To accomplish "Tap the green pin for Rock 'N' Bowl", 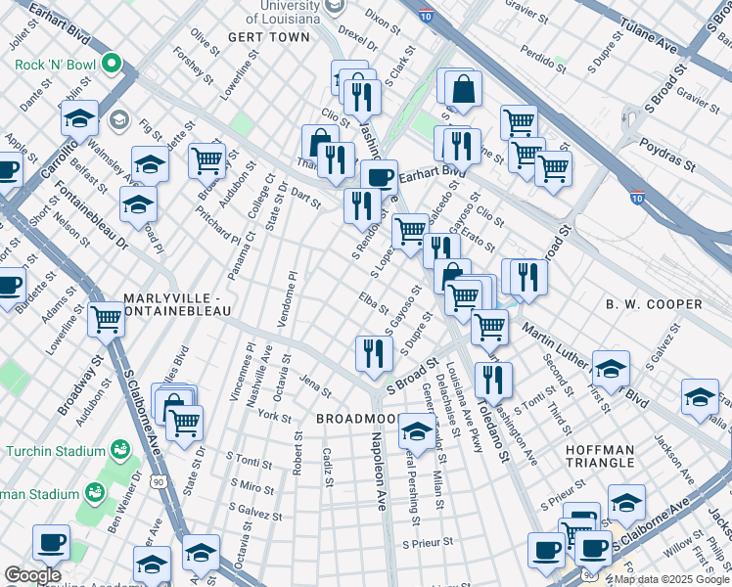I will [112, 66].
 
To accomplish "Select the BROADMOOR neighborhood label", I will [355, 418].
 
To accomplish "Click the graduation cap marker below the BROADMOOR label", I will [416, 432].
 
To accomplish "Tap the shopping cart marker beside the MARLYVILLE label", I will [106, 317].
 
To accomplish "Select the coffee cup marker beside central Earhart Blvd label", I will [378, 177].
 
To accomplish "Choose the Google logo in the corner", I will [33, 575].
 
